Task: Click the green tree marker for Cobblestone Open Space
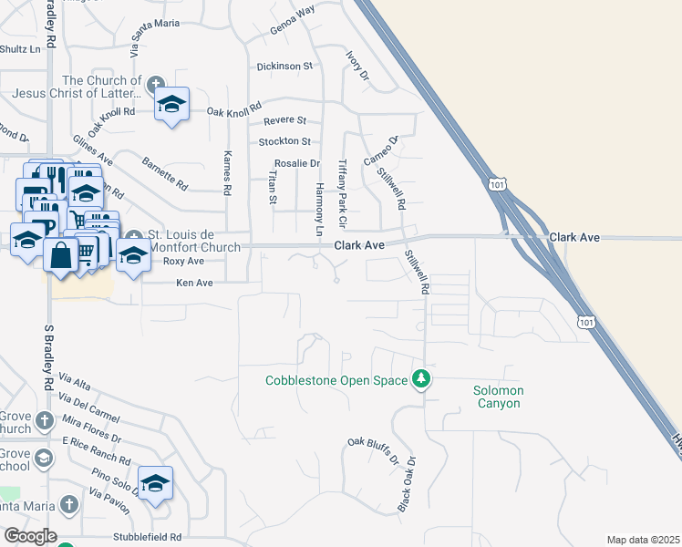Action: pyautogui.click(x=420, y=377)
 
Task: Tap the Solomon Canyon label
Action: pyautogui.click(x=498, y=397)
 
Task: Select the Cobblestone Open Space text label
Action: pyautogui.click(x=336, y=380)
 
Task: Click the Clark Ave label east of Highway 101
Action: pyautogui.click(x=574, y=237)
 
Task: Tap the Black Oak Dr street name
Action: pyautogui.click(x=407, y=483)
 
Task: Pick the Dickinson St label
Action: pyautogui.click(x=284, y=67)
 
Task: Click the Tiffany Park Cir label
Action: pyautogui.click(x=343, y=192)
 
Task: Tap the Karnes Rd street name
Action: pyautogui.click(x=228, y=172)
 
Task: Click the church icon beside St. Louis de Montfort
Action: pyautogui.click(x=133, y=236)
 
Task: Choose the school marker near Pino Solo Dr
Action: pyautogui.click(x=155, y=483)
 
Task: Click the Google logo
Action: pyautogui.click(x=30, y=536)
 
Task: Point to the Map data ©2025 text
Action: pyautogui.click(x=643, y=540)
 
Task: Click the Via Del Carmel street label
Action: pyautogui.click(x=89, y=407)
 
